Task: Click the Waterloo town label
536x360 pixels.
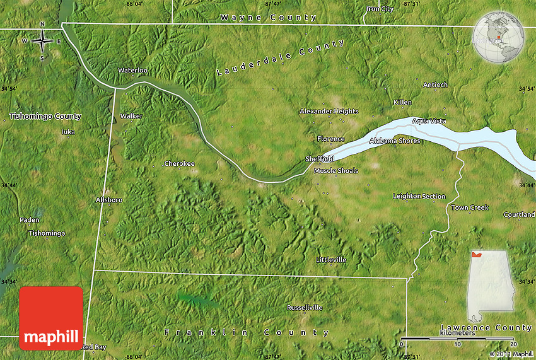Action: [x=133, y=71]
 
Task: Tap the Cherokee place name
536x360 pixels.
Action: [x=179, y=164]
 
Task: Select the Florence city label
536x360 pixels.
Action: [x=331, y=139]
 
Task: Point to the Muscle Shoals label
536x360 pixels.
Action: [x=336, y=171]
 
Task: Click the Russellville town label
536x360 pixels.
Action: [x=305, y=308]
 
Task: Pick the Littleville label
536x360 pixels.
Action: [x=331, y=260]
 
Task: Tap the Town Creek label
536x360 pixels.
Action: [x=470, y=207]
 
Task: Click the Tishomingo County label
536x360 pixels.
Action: [x=45, y=116]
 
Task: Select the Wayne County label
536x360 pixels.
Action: [x=269, y=18]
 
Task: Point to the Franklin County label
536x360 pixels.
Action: [x=247, y=332]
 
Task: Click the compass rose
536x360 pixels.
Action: [x=42, y=42]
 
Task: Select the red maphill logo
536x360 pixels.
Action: [x=51, y=318]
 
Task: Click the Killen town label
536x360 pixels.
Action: [x=402, y=102]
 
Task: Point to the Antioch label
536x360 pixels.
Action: [x=435, y=85]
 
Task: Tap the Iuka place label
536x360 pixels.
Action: [x=67, y=132]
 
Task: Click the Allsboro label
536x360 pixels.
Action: [x=108, y=200]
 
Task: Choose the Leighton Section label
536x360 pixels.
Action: [x=419, y=196]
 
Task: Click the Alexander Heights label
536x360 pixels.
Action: [x=329, y=112]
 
